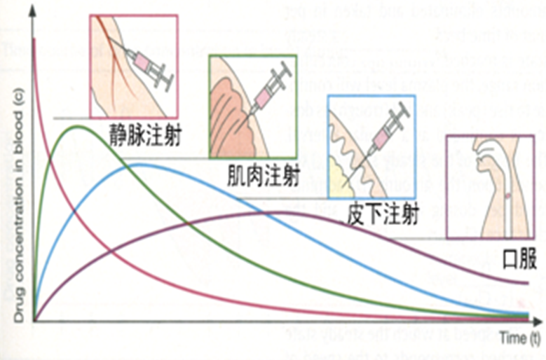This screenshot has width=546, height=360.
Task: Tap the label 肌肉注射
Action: click(x=264, y=174)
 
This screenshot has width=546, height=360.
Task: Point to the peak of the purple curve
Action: click(x=277, y=212)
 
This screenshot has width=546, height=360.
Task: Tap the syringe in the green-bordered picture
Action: click(x=267, y=88)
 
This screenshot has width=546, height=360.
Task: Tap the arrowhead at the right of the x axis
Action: click(x=540, y=321)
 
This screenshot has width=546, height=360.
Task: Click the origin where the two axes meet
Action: click(x=33, y=321)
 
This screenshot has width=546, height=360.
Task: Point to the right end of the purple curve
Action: click(x=528, y=284)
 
